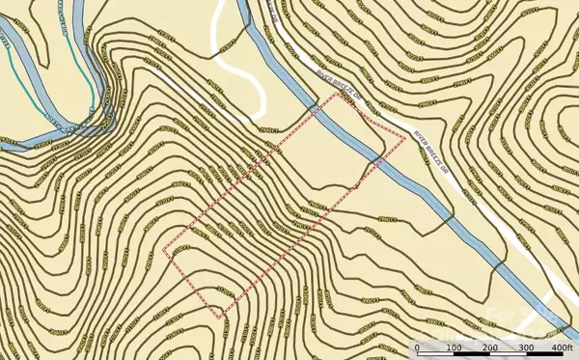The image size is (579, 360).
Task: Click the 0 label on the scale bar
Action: [x=417, y=347]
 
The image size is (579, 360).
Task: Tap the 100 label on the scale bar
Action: [x=453, y=347]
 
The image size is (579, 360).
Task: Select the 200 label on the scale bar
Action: [x=489, y=347]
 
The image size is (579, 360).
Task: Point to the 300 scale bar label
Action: [x=525, y=347]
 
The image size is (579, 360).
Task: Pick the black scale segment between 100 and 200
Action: [x=471, y=338]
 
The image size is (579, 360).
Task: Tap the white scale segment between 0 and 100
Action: [x=434, y=338]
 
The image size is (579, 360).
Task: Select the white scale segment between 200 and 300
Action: [x=507, y=338]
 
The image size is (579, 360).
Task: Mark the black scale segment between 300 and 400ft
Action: [x=543, y=338]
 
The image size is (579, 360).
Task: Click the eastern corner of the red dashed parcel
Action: [x=404, y=138]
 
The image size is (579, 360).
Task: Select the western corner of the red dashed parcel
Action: [x=163, y=252]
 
